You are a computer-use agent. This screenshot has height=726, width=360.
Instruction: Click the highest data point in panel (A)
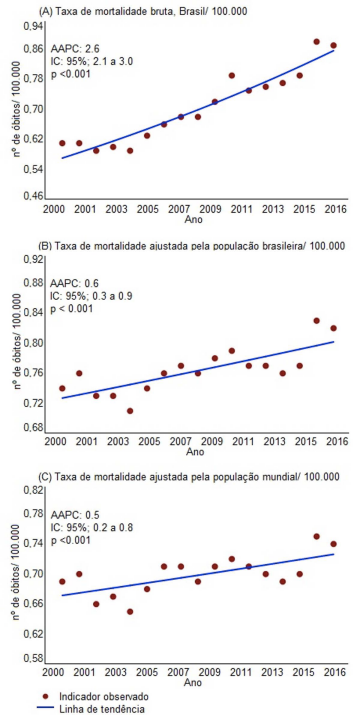point(316,42)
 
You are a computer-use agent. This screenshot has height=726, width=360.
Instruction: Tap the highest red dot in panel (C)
point(316,537)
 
